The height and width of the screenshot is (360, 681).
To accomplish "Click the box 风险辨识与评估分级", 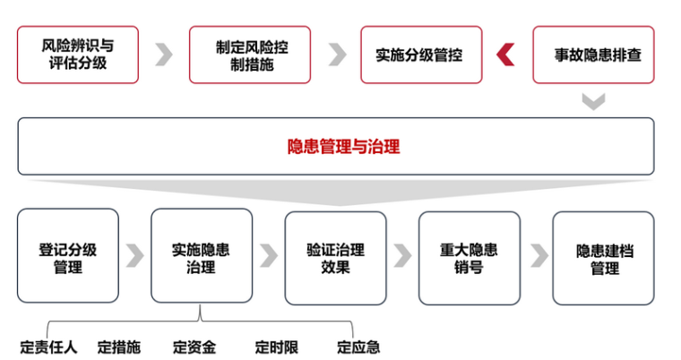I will pyautogui.click(x=78, y=55).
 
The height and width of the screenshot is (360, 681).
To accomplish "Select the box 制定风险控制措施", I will pyautogui.click(x=250, y=55).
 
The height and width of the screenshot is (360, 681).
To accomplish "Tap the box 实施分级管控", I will pyautogui.click(x=421, y=55).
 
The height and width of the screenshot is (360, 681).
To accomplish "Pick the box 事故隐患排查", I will pyautogui.click(x=593, y=55).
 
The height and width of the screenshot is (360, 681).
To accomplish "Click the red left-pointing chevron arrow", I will pyautogui.click(x=506, y=55).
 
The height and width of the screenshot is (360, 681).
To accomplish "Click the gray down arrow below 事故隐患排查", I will pyautogui.click(x=593, y=101).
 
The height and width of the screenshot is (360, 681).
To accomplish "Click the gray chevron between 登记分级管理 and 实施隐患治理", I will pyautogui.click(x=134, y=255).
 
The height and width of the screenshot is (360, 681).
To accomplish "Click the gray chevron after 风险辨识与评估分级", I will pyautogui.click(x=163, y=55).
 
